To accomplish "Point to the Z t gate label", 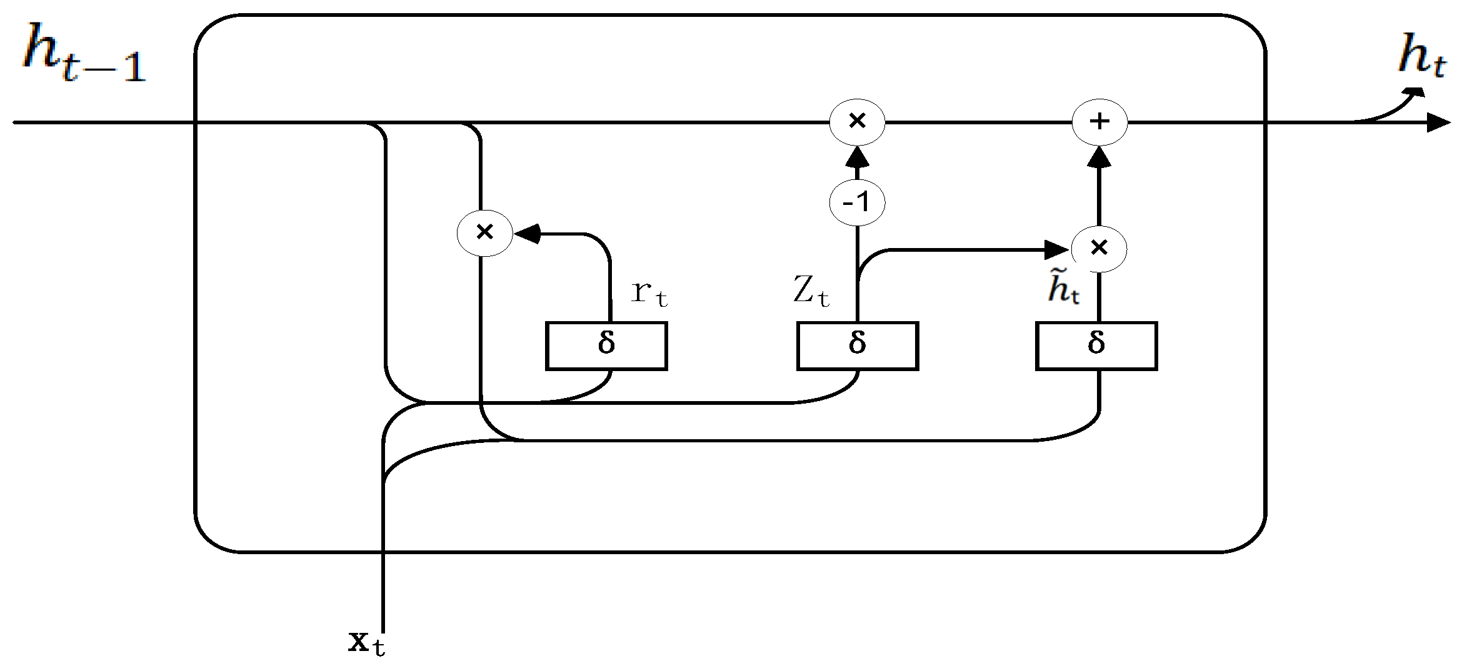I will pos(811,291).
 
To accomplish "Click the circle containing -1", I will pos(857,202).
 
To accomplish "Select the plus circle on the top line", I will pos(1099,122).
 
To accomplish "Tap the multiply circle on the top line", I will pos(857,122).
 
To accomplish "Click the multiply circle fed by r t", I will pos(485,233).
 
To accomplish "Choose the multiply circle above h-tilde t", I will pos(1099,249).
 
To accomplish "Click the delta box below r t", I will pos(606,345).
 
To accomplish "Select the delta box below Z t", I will pos(857,345).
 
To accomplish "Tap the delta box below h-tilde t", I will pos(1096,345).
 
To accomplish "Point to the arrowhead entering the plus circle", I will pos(1099,157).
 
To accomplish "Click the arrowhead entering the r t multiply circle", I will pos(526,234).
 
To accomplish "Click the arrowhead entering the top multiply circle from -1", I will pos(857,157).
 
